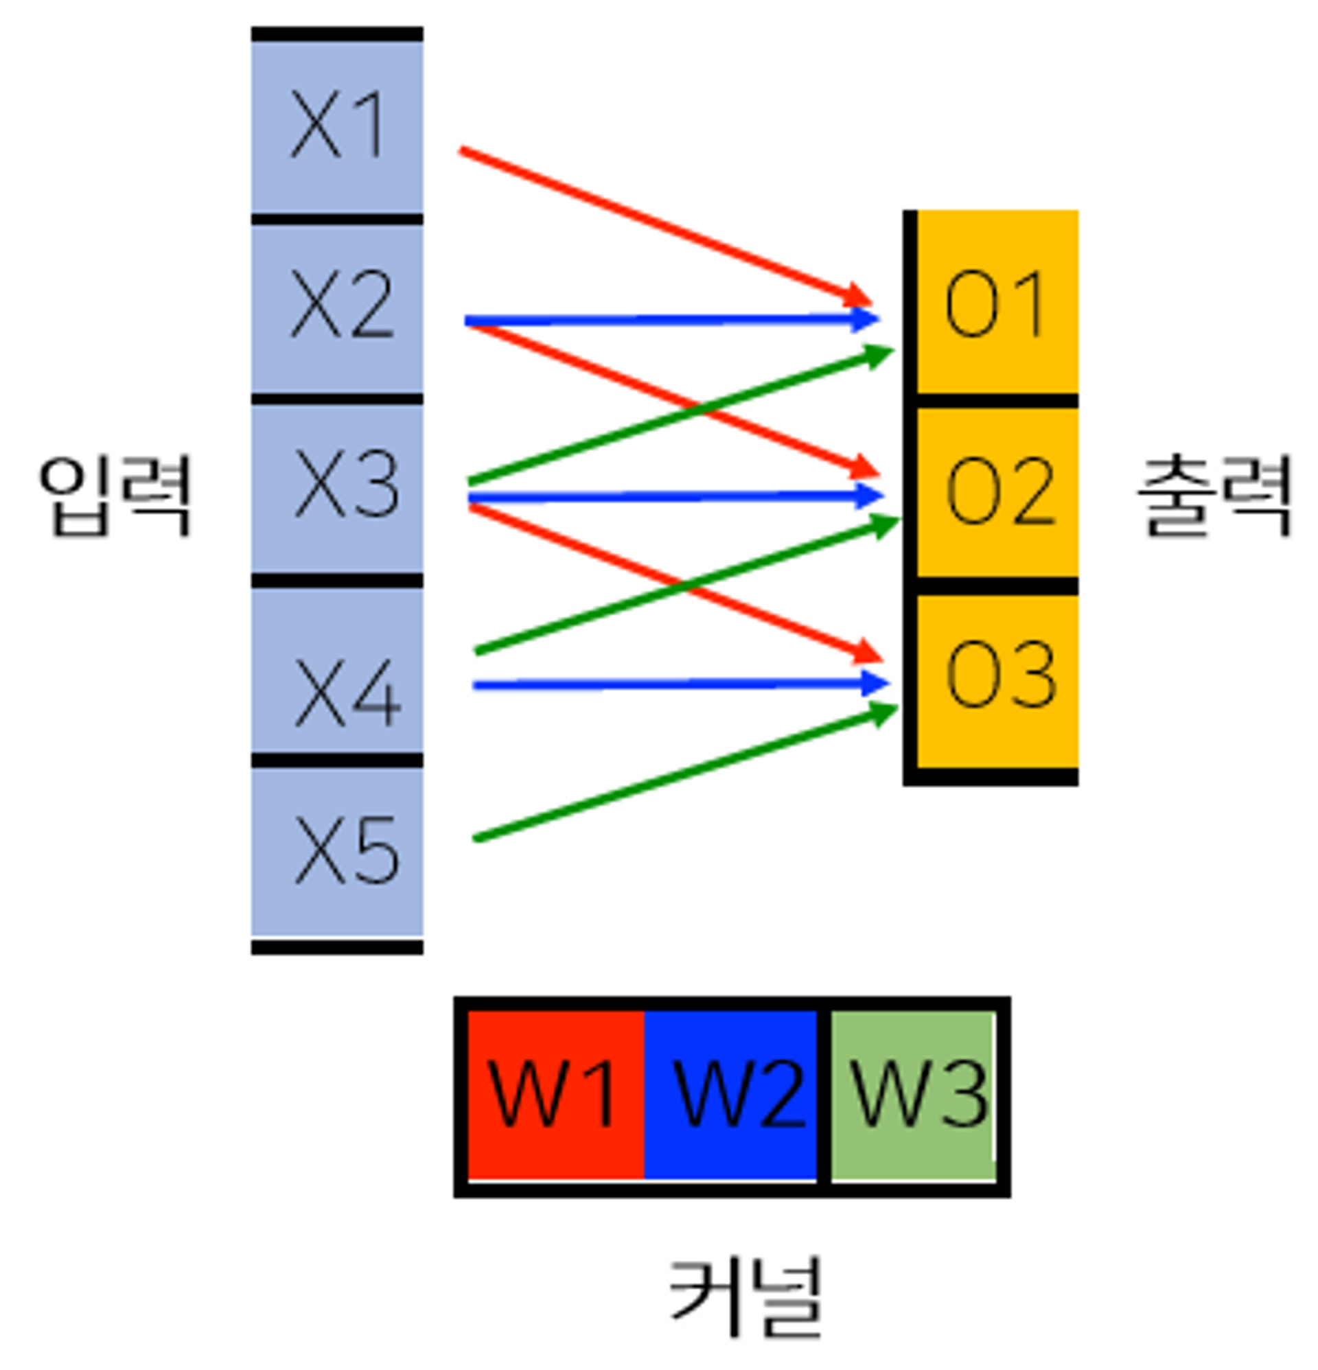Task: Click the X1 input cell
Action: point(337,126)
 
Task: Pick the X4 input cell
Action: point(337,671)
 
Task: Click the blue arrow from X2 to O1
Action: point(664,320)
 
